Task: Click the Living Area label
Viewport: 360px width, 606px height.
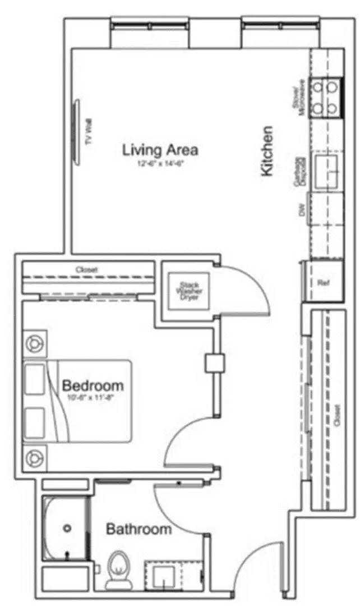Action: pos(160,150)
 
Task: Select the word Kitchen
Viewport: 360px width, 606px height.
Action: pos(268,151)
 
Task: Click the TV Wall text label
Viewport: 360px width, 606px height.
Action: pos(87,132)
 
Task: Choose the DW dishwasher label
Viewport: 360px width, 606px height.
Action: pos(301,211)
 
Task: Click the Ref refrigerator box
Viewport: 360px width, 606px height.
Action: pos(323,282)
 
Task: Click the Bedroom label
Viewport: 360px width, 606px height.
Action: pos(93,386)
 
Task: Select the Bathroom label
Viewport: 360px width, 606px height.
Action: pos(139,529)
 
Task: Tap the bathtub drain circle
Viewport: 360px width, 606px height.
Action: pos(68,528)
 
